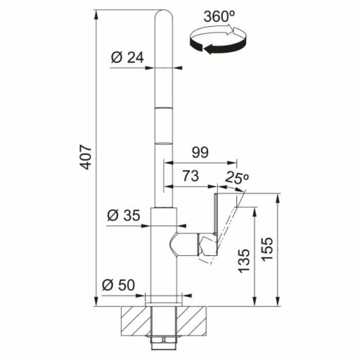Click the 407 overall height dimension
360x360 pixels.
click(x=86, y=157)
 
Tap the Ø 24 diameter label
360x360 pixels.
click(x=128, y=58)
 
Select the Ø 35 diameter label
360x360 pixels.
click(x=123, y=215)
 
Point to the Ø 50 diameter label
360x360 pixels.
click(x=118, y=285)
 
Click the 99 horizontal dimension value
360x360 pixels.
click(x=200, y=152)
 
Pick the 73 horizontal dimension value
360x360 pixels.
click(x=191, y=176)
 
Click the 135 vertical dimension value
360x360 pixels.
click(x=244, y=261)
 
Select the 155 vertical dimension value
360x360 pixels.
click(x=267, y=249)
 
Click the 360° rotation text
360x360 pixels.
click(x=219, y=17)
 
